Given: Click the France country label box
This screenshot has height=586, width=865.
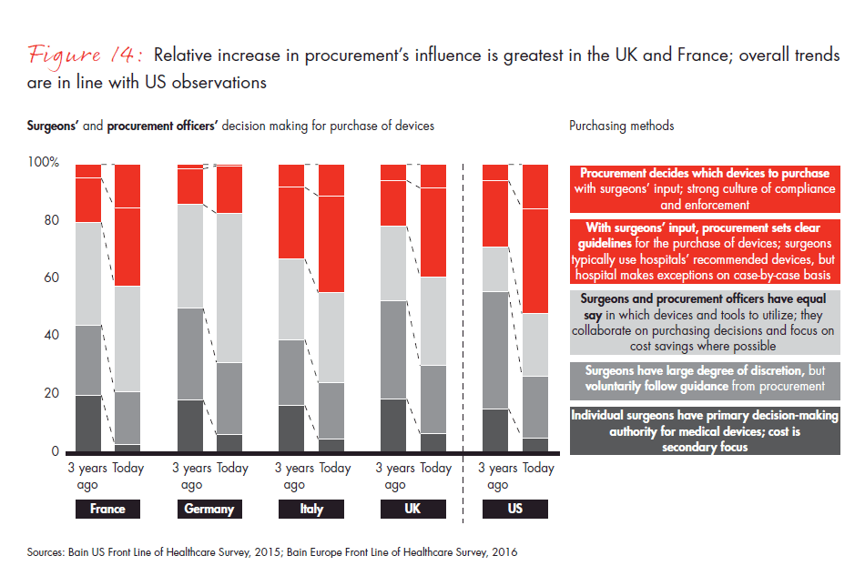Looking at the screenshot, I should tap(107, 510).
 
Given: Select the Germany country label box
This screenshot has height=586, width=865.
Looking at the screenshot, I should tap(209, 510).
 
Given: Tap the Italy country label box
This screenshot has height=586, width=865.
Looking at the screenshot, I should tap(310, 510).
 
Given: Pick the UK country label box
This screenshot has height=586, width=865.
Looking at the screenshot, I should tap(412, 510).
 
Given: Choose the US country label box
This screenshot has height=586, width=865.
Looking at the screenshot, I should tap(515, 510).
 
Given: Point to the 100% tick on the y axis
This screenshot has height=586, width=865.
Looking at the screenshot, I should tap(44, 163).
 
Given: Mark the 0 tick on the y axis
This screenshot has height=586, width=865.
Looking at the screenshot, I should tap(54, 451).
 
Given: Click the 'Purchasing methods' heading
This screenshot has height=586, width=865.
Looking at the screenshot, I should tap(622, 126).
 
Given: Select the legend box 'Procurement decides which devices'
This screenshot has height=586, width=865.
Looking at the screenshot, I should tap(704, 189).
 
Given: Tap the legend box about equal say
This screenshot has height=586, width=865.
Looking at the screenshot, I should tap(704, 322).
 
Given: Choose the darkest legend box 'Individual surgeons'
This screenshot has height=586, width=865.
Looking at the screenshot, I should tap(704, 430).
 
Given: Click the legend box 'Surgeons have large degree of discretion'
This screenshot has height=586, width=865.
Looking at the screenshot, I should tap(704, 379).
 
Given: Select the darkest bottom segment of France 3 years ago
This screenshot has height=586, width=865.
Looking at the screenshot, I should tap(88, 423).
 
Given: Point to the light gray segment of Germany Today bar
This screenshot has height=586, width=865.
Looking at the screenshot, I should tap(229, 288).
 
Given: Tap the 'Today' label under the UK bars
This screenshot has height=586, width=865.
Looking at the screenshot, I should tap(435, 469).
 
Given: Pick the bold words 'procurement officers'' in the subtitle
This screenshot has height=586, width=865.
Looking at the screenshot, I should tap(161, 126).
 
